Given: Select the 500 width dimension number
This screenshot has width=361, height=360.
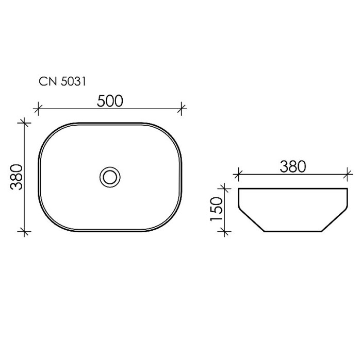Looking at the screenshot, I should [110, 101].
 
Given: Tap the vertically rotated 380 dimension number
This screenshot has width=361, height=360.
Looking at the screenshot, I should [17, 177].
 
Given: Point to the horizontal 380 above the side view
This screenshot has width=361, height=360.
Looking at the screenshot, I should [292, 166].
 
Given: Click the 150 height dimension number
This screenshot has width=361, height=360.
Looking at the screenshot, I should [216, 208].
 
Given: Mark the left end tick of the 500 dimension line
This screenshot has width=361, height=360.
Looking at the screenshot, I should [38, 109].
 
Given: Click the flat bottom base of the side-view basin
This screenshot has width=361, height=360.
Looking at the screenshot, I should [292, 232].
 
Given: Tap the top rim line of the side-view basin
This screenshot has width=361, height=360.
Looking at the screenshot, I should [292, 189].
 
